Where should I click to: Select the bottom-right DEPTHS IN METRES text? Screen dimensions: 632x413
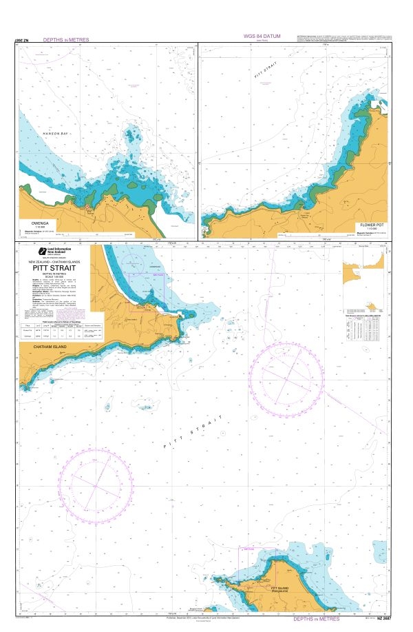pos(317,620)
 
